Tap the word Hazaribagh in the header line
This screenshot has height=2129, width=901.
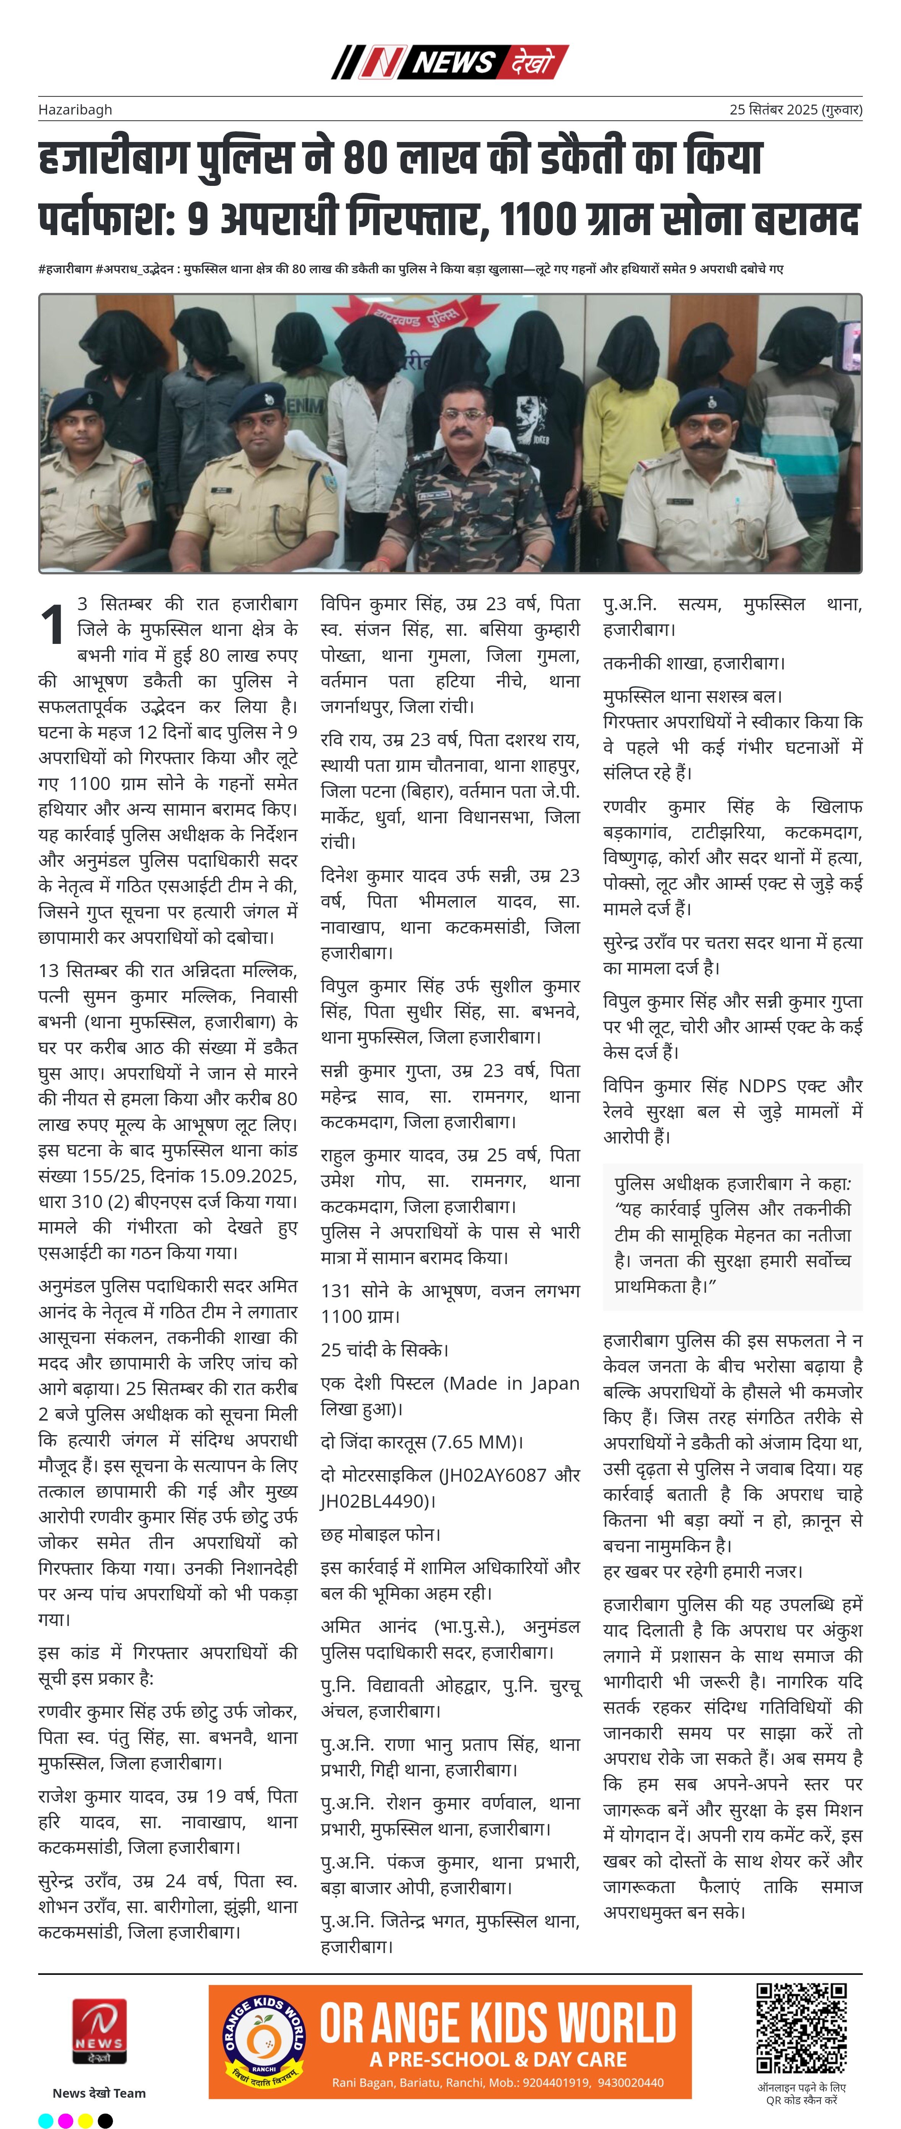[75, 109]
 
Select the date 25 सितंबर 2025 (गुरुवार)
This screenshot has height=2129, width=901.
[795, 109]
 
